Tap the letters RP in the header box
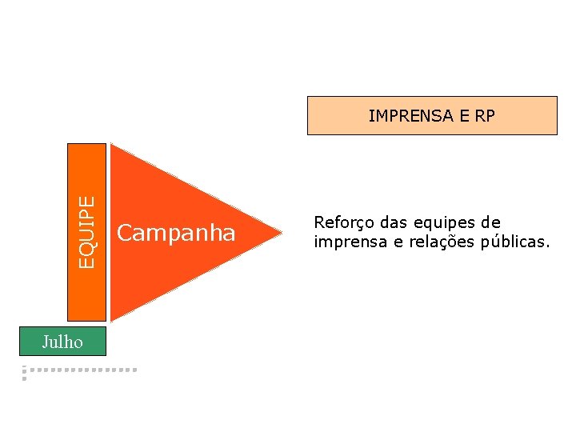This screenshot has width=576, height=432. (x=485, y=116)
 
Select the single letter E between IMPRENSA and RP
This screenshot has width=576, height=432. (x=465, y=116)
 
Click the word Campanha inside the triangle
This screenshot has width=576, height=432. (x=176, y=233)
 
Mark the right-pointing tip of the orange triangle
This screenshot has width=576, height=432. (x=281, y=233)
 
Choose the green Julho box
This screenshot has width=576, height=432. (x=63, y=341)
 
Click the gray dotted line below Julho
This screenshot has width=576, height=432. (x=80, y=370)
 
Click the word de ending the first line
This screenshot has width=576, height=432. (x=490, y=222)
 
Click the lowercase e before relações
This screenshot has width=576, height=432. (x=395, y=242)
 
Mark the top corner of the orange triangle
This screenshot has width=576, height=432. (x=112, y=146)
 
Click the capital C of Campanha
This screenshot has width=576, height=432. (x=125, y=233)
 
